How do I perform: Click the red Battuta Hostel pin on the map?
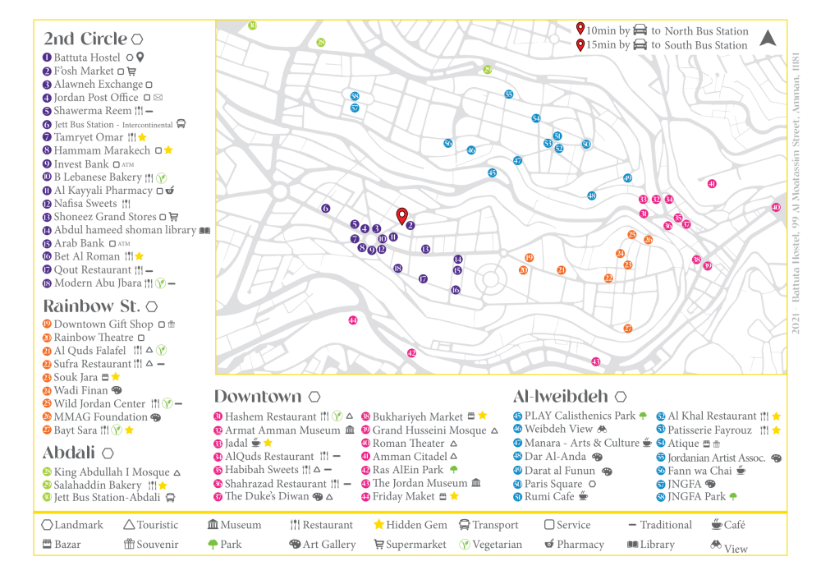pyautogui.click(x=401, y=216)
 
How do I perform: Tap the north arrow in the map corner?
pyautogui.click(x=767, y=38)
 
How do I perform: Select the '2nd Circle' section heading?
pyautogui.click(x=85, y=39)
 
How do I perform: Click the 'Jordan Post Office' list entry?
pyautogui.click(x=96, y=98)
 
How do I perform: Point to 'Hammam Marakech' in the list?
pyautogui.click(x=102, y=150)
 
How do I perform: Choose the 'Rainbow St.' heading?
pyautogui.click(x=92, y=306)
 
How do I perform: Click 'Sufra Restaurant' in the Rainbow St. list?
pyautogui.click(x=92, y=364)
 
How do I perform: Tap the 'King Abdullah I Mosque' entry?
pyautogui.click(x=111, y=472)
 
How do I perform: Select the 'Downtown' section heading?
pyautogui.click(x=258, y=397)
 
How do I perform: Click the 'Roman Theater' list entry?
pyautogui.click(x=408, y=443)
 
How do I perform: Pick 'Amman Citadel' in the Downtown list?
pyautogui.click(x=410, y=456)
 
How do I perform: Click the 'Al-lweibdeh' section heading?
pyautogui.click(x=561, y=396)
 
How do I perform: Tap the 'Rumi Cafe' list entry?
pyautogui.click(x=551, y=496)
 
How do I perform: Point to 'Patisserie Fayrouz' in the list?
pyautogui.click(x=709, y=430)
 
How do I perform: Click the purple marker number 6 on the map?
pyautogui.click(x=325, y=209)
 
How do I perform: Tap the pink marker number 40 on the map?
pyautogui.click(x=776, y=208)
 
